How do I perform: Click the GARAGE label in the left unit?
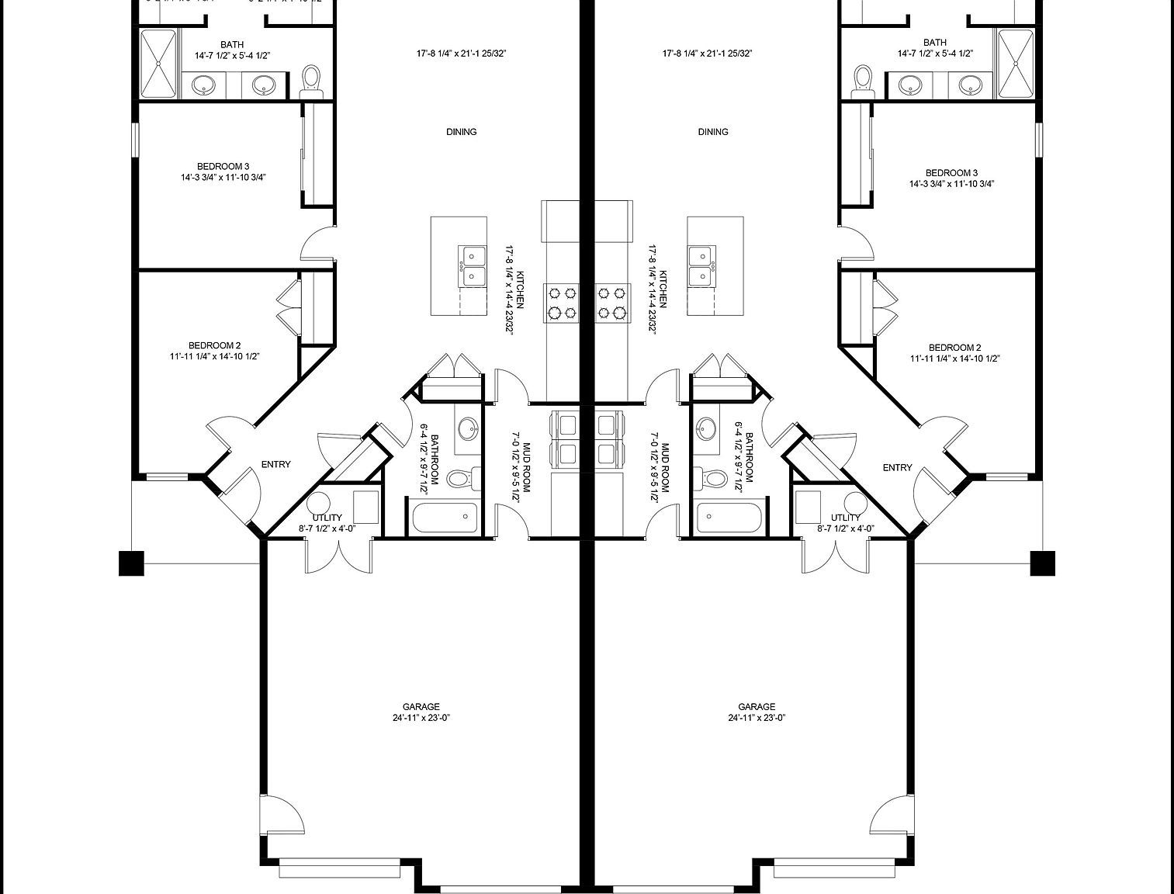(421, 706)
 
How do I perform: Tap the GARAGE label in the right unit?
(756, 706)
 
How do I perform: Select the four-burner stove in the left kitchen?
(563, 303)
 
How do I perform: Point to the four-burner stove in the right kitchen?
(612, 303)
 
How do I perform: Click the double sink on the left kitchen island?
(472, 265)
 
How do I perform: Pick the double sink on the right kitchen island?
(701, 265)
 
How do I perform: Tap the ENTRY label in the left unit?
(275, 464)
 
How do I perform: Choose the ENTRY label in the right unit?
(897, 467)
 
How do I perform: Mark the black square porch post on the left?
(131, 563)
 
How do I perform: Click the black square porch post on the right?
(1042, 563)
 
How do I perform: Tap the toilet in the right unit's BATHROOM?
(708, 477)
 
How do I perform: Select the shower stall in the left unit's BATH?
(159, 64)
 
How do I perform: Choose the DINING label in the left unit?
(461, 132)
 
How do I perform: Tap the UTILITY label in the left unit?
(327, 518)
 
